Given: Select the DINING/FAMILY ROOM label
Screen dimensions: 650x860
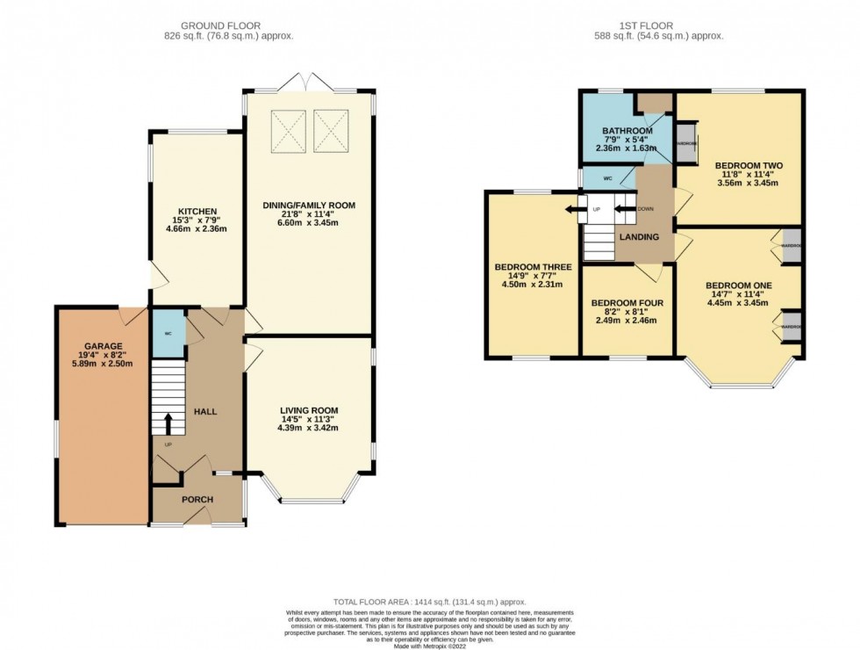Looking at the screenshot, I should tap(308, 206).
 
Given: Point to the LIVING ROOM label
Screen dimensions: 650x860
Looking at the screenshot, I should tap(308, 410).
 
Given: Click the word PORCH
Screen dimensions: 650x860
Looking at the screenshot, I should tap(197, 500).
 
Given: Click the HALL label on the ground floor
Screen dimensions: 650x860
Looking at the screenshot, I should tap(204, 411).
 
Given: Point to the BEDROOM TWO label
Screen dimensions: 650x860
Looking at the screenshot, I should tap(748, 165).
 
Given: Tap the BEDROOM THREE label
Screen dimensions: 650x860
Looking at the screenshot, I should tap(533, 267).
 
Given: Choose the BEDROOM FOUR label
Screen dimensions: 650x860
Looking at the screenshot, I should tap(628, 304).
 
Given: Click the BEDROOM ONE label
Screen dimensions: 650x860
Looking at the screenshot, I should tap(738, 285).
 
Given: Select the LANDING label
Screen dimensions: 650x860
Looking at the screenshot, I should tap(639, 237).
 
